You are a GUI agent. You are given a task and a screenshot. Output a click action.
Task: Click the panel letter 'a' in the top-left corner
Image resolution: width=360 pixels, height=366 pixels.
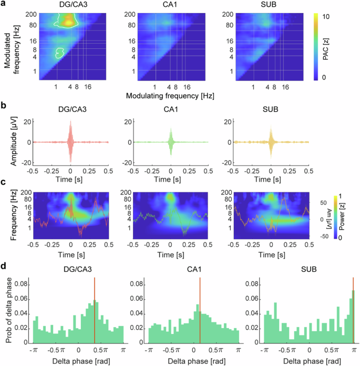(4, 5)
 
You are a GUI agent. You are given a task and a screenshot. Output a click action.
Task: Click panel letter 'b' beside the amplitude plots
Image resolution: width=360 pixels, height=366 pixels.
(4, 105)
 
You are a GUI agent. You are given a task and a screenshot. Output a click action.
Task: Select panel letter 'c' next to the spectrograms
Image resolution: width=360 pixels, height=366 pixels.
(4, 182)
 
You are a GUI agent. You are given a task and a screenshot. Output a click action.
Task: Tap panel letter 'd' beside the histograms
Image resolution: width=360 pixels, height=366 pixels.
(4, 269)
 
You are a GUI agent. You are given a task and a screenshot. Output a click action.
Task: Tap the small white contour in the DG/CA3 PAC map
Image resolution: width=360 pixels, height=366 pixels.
(60, 53)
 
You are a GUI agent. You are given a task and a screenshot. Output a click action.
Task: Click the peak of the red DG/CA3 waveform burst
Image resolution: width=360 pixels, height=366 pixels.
(70, 122)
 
